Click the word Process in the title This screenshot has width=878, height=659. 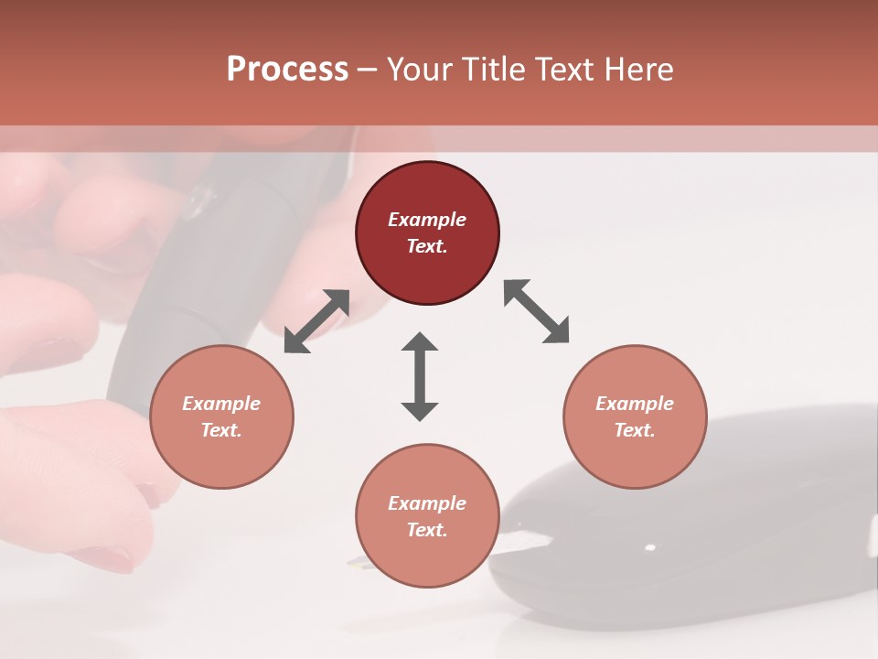pyautogui.click(x=287, y=70)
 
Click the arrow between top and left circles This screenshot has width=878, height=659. pyautogui.click(x=316, y=321)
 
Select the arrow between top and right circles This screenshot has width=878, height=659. pyautogui.click(x=536, y=311)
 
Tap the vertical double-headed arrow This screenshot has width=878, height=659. pyautogui.click(x=420, y=377)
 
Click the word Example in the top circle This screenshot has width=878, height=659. pyautogui.click(x=427, y=220)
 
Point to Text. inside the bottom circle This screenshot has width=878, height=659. pyautogui.click(x=427, y=530)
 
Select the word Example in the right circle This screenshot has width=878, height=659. pyautogui.click(x=635, y=404)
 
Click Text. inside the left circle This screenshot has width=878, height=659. pyautogui.click(x=221, y=430)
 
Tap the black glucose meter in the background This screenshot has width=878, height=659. pyautogui.click(x=695, y=531)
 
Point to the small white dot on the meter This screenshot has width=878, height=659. pyautogui.click(x=650, y=548)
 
